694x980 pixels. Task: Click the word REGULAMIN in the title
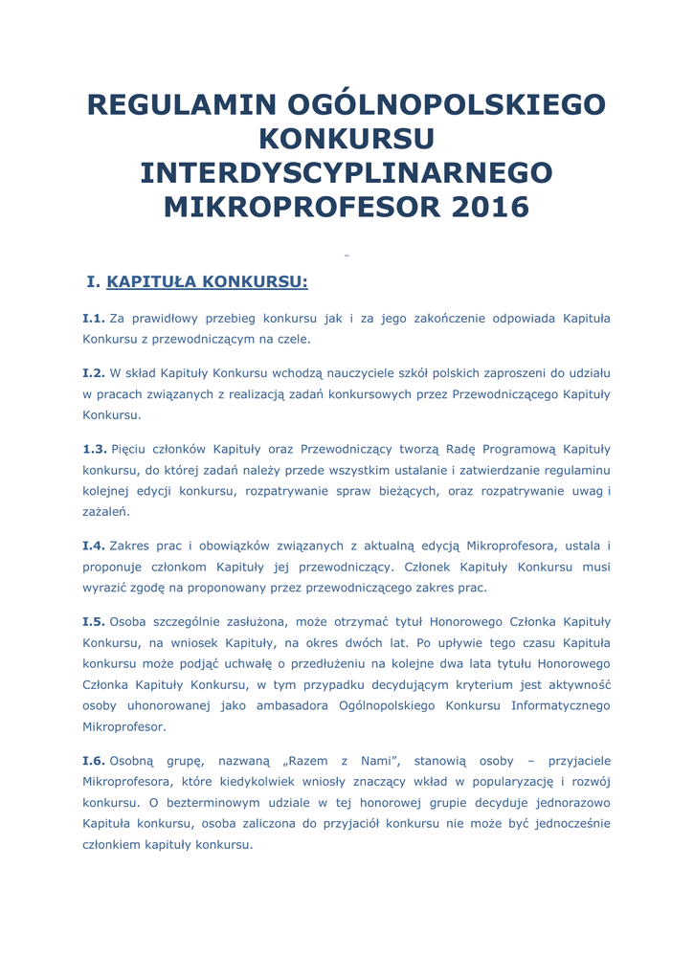click(x=166, y=104)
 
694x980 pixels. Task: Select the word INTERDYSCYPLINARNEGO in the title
click(x=347, y=173)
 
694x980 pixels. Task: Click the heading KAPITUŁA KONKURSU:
click(x=207, y=281)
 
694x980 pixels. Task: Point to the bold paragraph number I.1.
click(x=94, y=318)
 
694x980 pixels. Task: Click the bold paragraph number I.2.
click(x=94, y=372)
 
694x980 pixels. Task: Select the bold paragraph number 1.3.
click(x=95, y=448)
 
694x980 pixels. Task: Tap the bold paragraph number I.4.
click(x=94, y=546)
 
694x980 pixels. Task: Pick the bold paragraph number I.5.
click(x=94, y=621)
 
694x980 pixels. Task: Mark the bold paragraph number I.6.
click(x=94, y=760)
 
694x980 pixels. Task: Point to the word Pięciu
click(x=130, y=448)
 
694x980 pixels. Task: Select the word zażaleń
click(x=105, y=511)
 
